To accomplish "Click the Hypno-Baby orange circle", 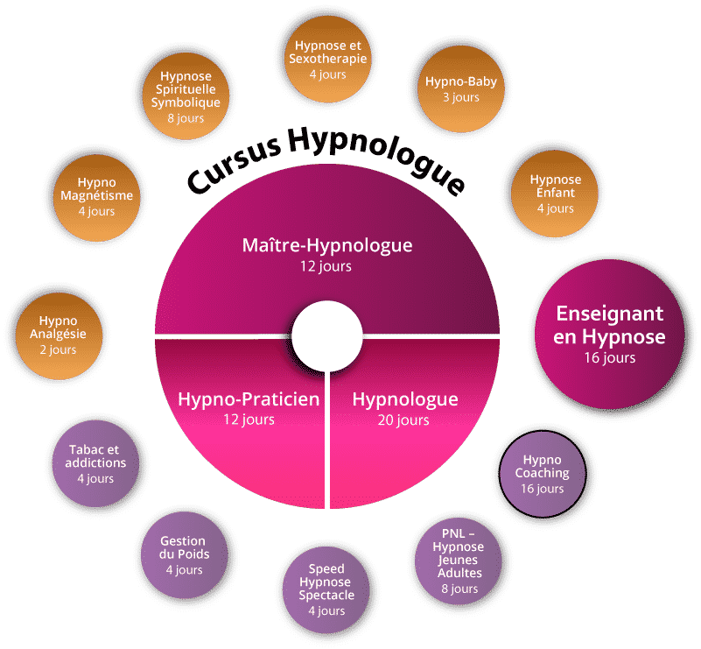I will pyautogui.click(x=461, y=88).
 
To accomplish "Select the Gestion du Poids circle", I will pyautogui.click(x=183, y=555).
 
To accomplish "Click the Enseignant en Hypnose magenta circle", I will pyautogui.click(x=611, y=334).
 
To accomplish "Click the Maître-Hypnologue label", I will pyautogui.click(x=326, y=245).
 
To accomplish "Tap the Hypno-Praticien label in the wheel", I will pyautogui.click(x=249, y=399).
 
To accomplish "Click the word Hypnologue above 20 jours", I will pyautogui.click(x=404, y=399).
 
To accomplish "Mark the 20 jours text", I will pyautogui.click(x=404, y=420).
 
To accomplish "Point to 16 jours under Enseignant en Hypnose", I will pyautogui.click(x=611, y=357).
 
